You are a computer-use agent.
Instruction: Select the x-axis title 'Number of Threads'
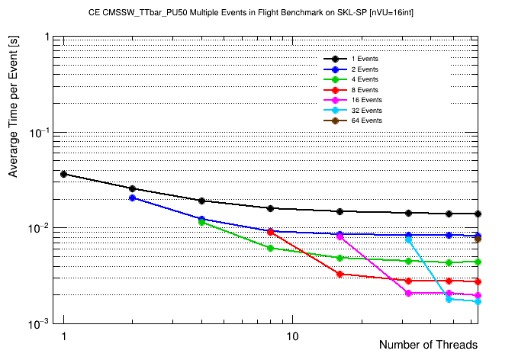(x=428, y=345)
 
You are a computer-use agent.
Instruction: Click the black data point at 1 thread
(x=64, y=174)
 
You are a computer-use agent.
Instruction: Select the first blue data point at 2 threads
(x=133, y=198)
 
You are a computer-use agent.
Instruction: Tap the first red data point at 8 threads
(x=271, y=232)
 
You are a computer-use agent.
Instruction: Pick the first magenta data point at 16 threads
(x=340, y=236)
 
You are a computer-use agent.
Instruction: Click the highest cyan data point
(x=409, y=239)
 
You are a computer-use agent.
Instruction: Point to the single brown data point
(x=478, y=239)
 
